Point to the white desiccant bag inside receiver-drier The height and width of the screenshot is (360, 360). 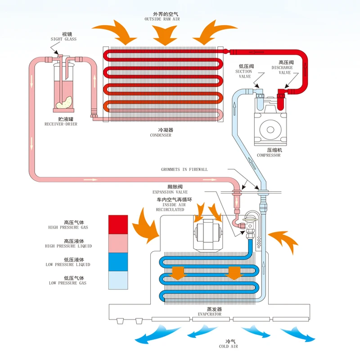[x=63, y=102]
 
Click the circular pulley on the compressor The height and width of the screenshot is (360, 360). [x=269, y=130]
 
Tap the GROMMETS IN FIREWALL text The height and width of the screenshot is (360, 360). [x=184, y=170]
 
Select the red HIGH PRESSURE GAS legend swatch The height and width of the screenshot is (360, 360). [x=118, y=224]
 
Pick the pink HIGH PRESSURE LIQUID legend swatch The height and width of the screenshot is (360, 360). [x=118, y=242]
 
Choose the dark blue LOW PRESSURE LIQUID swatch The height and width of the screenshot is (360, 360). [x=118, y=261]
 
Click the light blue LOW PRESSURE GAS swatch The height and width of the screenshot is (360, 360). [x=118, y=279]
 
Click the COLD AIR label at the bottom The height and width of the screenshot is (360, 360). [x=229, y=344]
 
